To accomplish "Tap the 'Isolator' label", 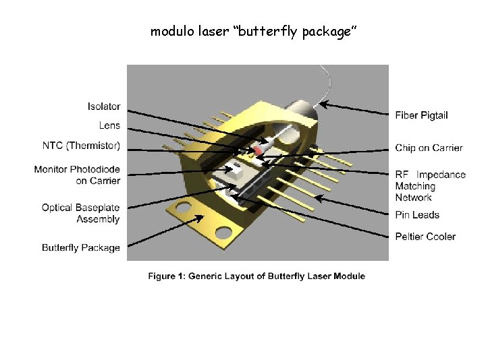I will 104,107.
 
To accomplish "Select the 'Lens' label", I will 109,125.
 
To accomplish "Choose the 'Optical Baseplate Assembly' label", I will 80,212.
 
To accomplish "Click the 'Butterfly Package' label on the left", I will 80,247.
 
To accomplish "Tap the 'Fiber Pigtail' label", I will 421,115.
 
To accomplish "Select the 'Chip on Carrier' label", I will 429,148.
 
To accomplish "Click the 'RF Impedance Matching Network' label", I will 430,185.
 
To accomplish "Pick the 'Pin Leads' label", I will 417,214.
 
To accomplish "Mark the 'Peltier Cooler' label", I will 425,236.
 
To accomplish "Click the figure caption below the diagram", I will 257,276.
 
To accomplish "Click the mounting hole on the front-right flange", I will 223,232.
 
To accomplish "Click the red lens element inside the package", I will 258,148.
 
